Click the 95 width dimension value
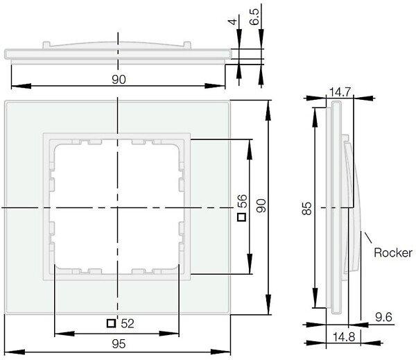119,344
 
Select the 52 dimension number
128,324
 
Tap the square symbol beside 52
111,323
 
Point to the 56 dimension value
242,202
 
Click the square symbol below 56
242,217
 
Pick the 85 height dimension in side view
306,208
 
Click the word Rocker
393,252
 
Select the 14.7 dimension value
340,92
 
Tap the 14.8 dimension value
344,337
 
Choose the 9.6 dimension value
383,317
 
